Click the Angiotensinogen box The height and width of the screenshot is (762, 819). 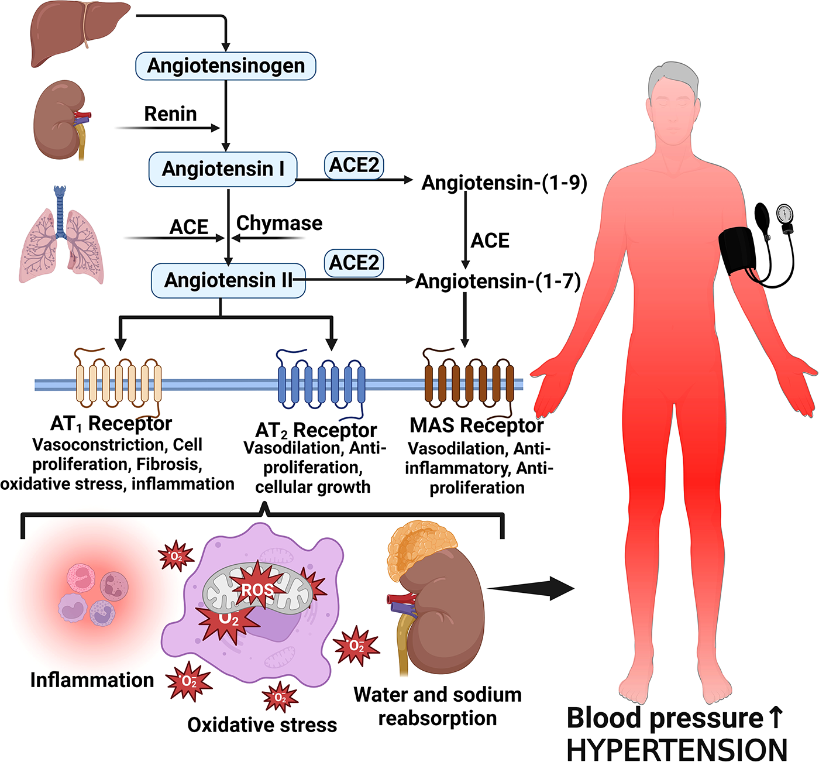(226, 66)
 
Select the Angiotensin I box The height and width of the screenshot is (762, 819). (223, 169)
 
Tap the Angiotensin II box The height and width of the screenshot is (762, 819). (228, 280)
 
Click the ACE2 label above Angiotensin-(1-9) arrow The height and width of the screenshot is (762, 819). (354, 166)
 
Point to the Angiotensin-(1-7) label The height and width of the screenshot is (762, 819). (498, 282)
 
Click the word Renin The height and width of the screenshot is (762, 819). (170, 114)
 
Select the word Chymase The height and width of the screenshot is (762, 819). (279, 223)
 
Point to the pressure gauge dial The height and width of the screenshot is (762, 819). (784, 214)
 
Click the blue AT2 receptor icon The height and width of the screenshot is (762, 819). (321, 383)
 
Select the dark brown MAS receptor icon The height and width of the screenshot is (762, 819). (469, 383)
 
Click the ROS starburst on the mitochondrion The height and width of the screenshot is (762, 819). (257, 589)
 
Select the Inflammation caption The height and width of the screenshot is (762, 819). (92, 680)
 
